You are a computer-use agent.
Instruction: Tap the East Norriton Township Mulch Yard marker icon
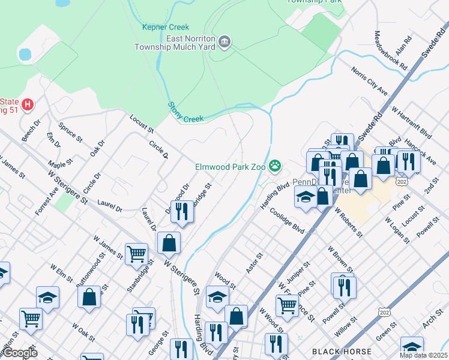click(225, 41)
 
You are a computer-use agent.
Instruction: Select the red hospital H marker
click(27, 105)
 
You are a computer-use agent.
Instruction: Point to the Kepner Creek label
click(166, 27)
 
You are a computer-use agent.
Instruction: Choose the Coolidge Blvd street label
click(287, 220)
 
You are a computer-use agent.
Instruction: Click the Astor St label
click(255, 263)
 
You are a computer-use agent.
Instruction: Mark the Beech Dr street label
click(31, 131)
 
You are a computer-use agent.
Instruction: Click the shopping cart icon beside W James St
click(136, 253)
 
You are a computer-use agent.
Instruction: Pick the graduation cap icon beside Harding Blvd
click(306, 196)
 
